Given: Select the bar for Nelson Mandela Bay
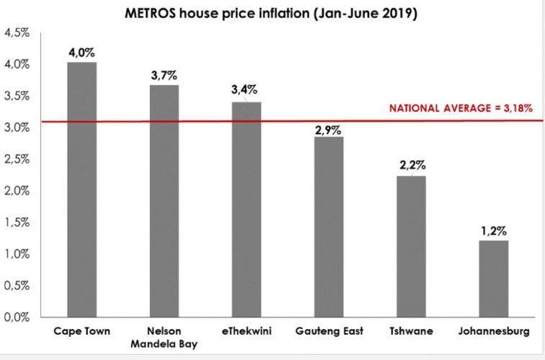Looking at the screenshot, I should pos(164,201).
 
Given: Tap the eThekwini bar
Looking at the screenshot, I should pos(246,210).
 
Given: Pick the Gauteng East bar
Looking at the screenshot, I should pos(329,227).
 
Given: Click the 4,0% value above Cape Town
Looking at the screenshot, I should pos(81,53).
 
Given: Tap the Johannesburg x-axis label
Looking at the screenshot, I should pos(493,332).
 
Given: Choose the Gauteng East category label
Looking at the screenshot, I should pos(329,332).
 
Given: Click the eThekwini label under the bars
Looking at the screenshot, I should pos(246,332).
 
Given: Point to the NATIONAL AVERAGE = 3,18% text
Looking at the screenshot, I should pos(461,109).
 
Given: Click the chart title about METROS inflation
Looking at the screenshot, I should pos(272,13).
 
